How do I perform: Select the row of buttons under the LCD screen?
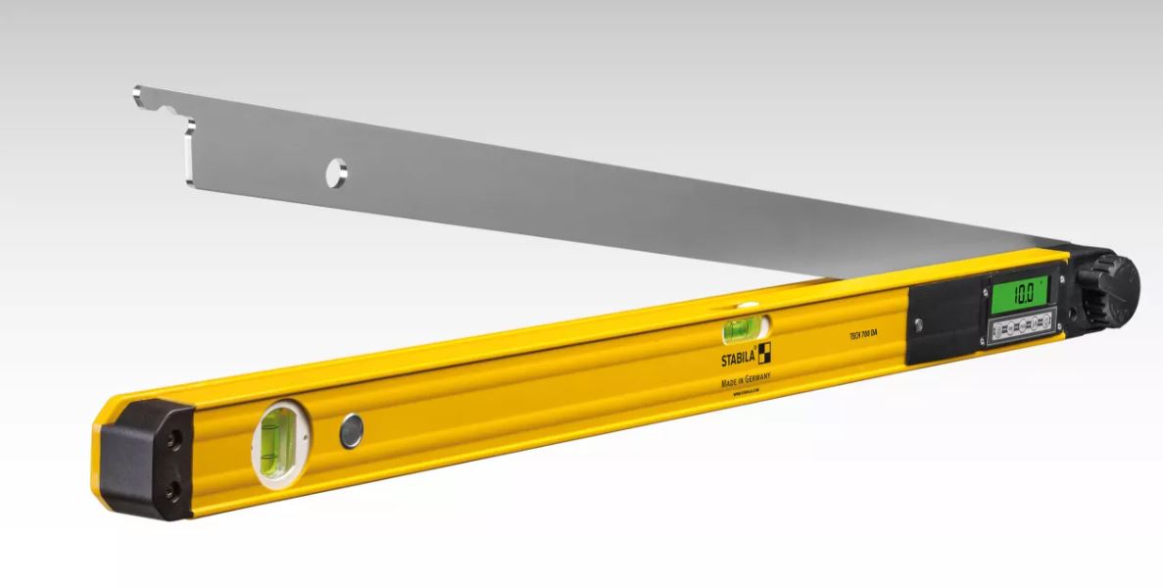(1023, 325)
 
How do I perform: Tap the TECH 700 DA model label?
(863, 337)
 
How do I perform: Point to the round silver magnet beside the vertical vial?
(351, 431)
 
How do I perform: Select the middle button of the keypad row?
(1023, 325)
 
